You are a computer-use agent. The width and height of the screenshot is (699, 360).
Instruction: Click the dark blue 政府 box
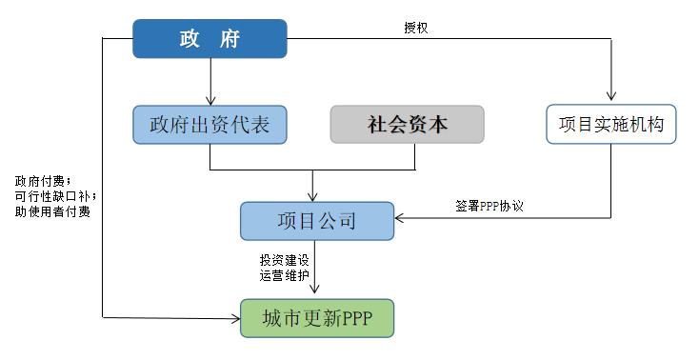[x=209, y=39]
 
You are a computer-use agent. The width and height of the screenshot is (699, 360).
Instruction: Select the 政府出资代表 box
[x=209, y=125]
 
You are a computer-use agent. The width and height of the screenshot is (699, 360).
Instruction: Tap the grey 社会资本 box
[x=407, y=125]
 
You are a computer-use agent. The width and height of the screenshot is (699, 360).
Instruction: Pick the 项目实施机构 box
[x=610, y=125]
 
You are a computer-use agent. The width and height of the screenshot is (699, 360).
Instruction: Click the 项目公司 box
[x=316, y=221]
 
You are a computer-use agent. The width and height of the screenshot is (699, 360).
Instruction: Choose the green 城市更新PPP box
[x=315, y=317]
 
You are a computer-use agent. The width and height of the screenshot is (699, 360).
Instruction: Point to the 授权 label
[x=415, y=29]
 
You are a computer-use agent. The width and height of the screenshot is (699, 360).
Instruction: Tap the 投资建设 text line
[x=284, y=260]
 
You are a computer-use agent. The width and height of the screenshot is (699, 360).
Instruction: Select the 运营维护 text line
[x=284, y=275]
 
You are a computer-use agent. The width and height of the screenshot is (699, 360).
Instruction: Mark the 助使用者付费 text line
[x=52, y=211]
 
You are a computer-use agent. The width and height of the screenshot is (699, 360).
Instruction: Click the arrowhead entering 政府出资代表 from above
[x=210, y=100]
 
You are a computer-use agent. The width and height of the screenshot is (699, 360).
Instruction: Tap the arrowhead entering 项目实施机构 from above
[x=610, y=100]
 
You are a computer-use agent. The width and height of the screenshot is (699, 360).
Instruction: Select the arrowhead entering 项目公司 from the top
[x=313, y=196]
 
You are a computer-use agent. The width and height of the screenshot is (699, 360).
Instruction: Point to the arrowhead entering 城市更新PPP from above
[x=315, y=293]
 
